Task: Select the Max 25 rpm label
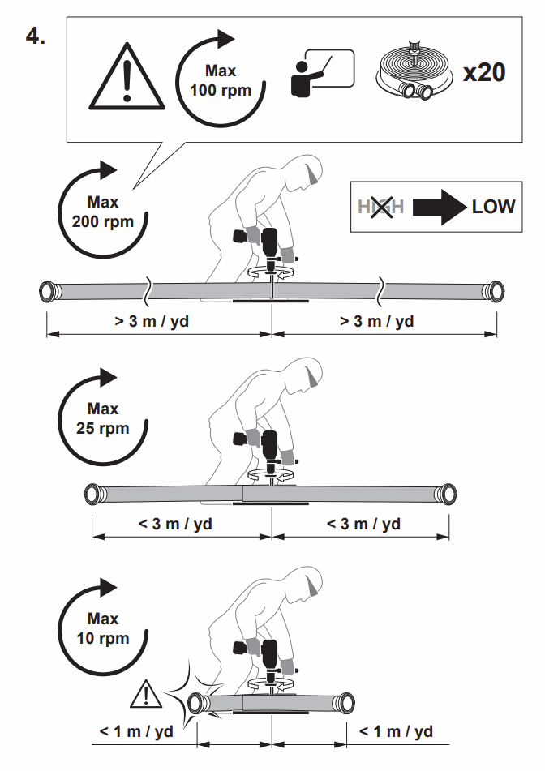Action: click(103, 418)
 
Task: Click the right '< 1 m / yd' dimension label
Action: click(395, 731)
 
